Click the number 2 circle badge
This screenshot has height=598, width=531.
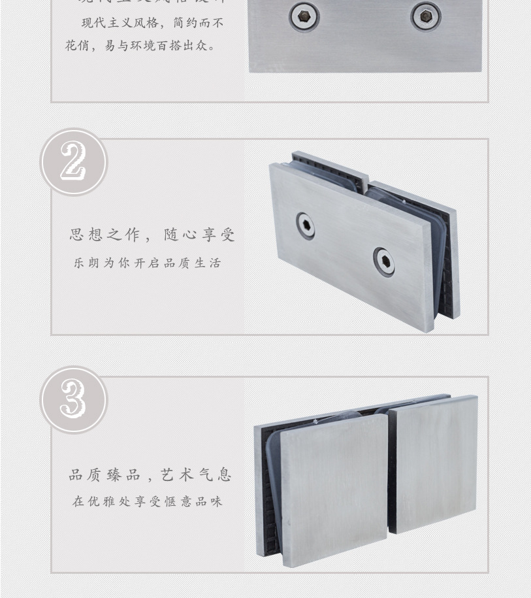74,162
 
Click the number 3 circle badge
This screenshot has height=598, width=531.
74,399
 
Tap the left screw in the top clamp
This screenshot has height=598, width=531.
304,17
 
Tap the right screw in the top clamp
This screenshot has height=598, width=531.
426,16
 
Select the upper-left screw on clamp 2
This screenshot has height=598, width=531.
304,225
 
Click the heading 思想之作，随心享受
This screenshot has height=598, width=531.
152,235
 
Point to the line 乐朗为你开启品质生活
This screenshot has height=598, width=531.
147,263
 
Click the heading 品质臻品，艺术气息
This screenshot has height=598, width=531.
150,475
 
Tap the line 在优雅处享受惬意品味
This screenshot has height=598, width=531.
148,502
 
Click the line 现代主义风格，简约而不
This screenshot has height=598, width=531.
152,23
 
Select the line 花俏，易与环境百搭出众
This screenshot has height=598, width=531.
140,46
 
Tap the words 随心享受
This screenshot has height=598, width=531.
199,235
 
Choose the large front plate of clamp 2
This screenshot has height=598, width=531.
349,245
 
